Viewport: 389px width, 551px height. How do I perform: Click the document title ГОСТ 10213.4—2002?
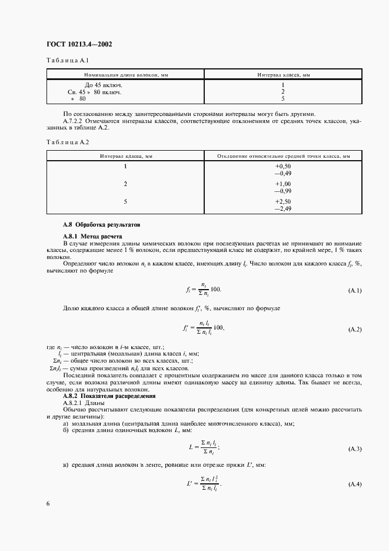[x=79, y=44]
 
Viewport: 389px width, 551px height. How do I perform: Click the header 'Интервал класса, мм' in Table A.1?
[x=283, y=75]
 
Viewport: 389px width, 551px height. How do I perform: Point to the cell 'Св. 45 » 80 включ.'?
[x=94, y=92]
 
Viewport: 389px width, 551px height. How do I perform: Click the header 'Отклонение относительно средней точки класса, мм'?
[x=283, y=156]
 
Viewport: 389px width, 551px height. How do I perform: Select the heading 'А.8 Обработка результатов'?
[x=102, y=225]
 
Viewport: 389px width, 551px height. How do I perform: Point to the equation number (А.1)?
[x=355, y=291]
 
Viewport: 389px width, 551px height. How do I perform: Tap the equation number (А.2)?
[x=355, y=329]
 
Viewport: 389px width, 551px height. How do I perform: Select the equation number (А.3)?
[x=355, y=449]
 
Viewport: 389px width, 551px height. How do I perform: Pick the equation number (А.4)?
[x=355, y=484]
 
